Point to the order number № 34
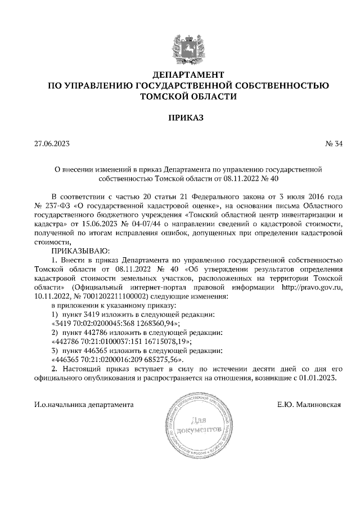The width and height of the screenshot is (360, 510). point(334,144)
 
